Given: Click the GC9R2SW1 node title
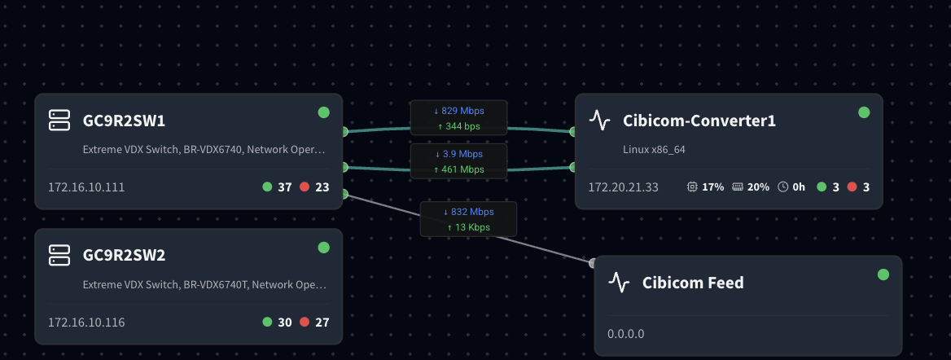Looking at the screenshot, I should tap(124, 121).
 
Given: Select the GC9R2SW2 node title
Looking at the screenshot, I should tap(124, 255).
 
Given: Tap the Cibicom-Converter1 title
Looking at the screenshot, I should tap(699, 121).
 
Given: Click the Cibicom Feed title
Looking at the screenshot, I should tap(692, 283).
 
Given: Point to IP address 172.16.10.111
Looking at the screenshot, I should tap(86, 187).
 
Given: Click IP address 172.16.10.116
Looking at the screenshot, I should tap(86, 322).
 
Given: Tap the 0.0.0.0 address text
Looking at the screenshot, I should tap(625, 334).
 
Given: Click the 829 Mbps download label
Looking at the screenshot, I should tap(458, 110).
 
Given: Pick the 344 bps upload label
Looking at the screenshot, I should tap(458, 126).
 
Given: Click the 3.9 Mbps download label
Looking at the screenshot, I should tap(458, 153).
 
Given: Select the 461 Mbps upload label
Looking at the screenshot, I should tap(458, 169).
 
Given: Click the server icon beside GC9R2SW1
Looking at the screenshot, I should tap(60, 121).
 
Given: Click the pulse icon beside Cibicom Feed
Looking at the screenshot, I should tap(620, 283).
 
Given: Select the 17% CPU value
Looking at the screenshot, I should tap(712, 187).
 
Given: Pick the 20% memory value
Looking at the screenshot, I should tap(758, 187).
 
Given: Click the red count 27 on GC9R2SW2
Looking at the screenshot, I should tap(322, 322).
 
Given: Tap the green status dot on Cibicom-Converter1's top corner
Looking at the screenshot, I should tap(864, 112).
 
